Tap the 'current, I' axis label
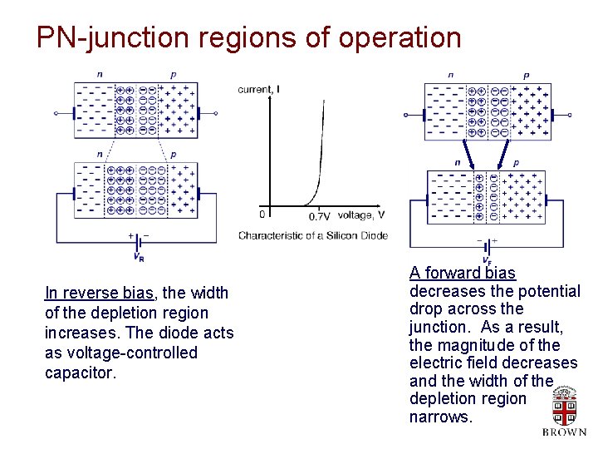click(x=258, y=89)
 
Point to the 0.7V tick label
click(x=319, y=216)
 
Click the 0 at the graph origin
click(x=262, y=215)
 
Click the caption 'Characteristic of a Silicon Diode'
click(x=313, y=235)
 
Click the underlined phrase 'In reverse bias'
click(x=99, y=293)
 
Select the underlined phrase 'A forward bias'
click(x=462, y=273)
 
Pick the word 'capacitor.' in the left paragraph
click(x=81, y=373)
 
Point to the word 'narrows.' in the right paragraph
click(x=441, y=417)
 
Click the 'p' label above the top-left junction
click(x=173, y=75)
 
